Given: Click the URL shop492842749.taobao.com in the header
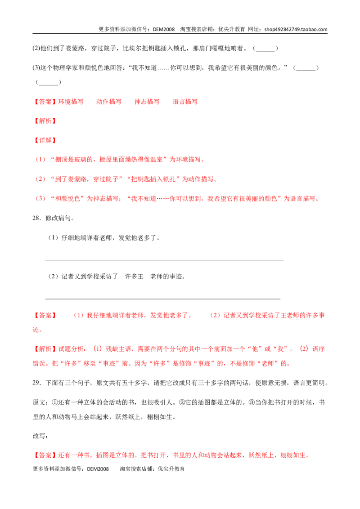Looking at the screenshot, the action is pyautogui.click(x=296, y=29).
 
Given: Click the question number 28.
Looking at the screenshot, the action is pyautogui.click(x=36, y=218).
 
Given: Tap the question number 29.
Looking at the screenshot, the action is pyautogui.click(x=36, y=383).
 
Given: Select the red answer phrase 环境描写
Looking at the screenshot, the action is pyautogui.click(x=71, y=102).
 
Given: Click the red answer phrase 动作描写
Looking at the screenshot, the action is pyautogui.click(x=109, y=102).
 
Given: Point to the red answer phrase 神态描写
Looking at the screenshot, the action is pyautogui.click(x=147, y=102).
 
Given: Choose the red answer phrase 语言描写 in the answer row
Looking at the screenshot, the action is pyautogui.click(x=185, y=102).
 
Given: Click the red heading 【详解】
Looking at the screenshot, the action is pyautogui.click(x=45, y=140).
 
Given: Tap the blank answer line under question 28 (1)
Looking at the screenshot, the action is pyautogui.click(x=164, y=260).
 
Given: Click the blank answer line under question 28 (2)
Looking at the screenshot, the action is pyautogui.click(x=162, y=299).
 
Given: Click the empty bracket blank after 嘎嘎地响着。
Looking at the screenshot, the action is pyautogui.click(x=265, y=49).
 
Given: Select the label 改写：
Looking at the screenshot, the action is pyautogui.click(x=40, y=436).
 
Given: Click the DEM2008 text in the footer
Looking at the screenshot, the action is pyautogui.click(x=98, y=469).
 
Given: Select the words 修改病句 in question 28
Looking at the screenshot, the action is pyautogui.click(x=58, y=218).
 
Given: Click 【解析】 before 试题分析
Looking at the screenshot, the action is pyautogui.click(x=45, y=349).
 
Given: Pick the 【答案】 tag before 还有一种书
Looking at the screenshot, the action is pyautogui.click(x=45, y=455).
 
